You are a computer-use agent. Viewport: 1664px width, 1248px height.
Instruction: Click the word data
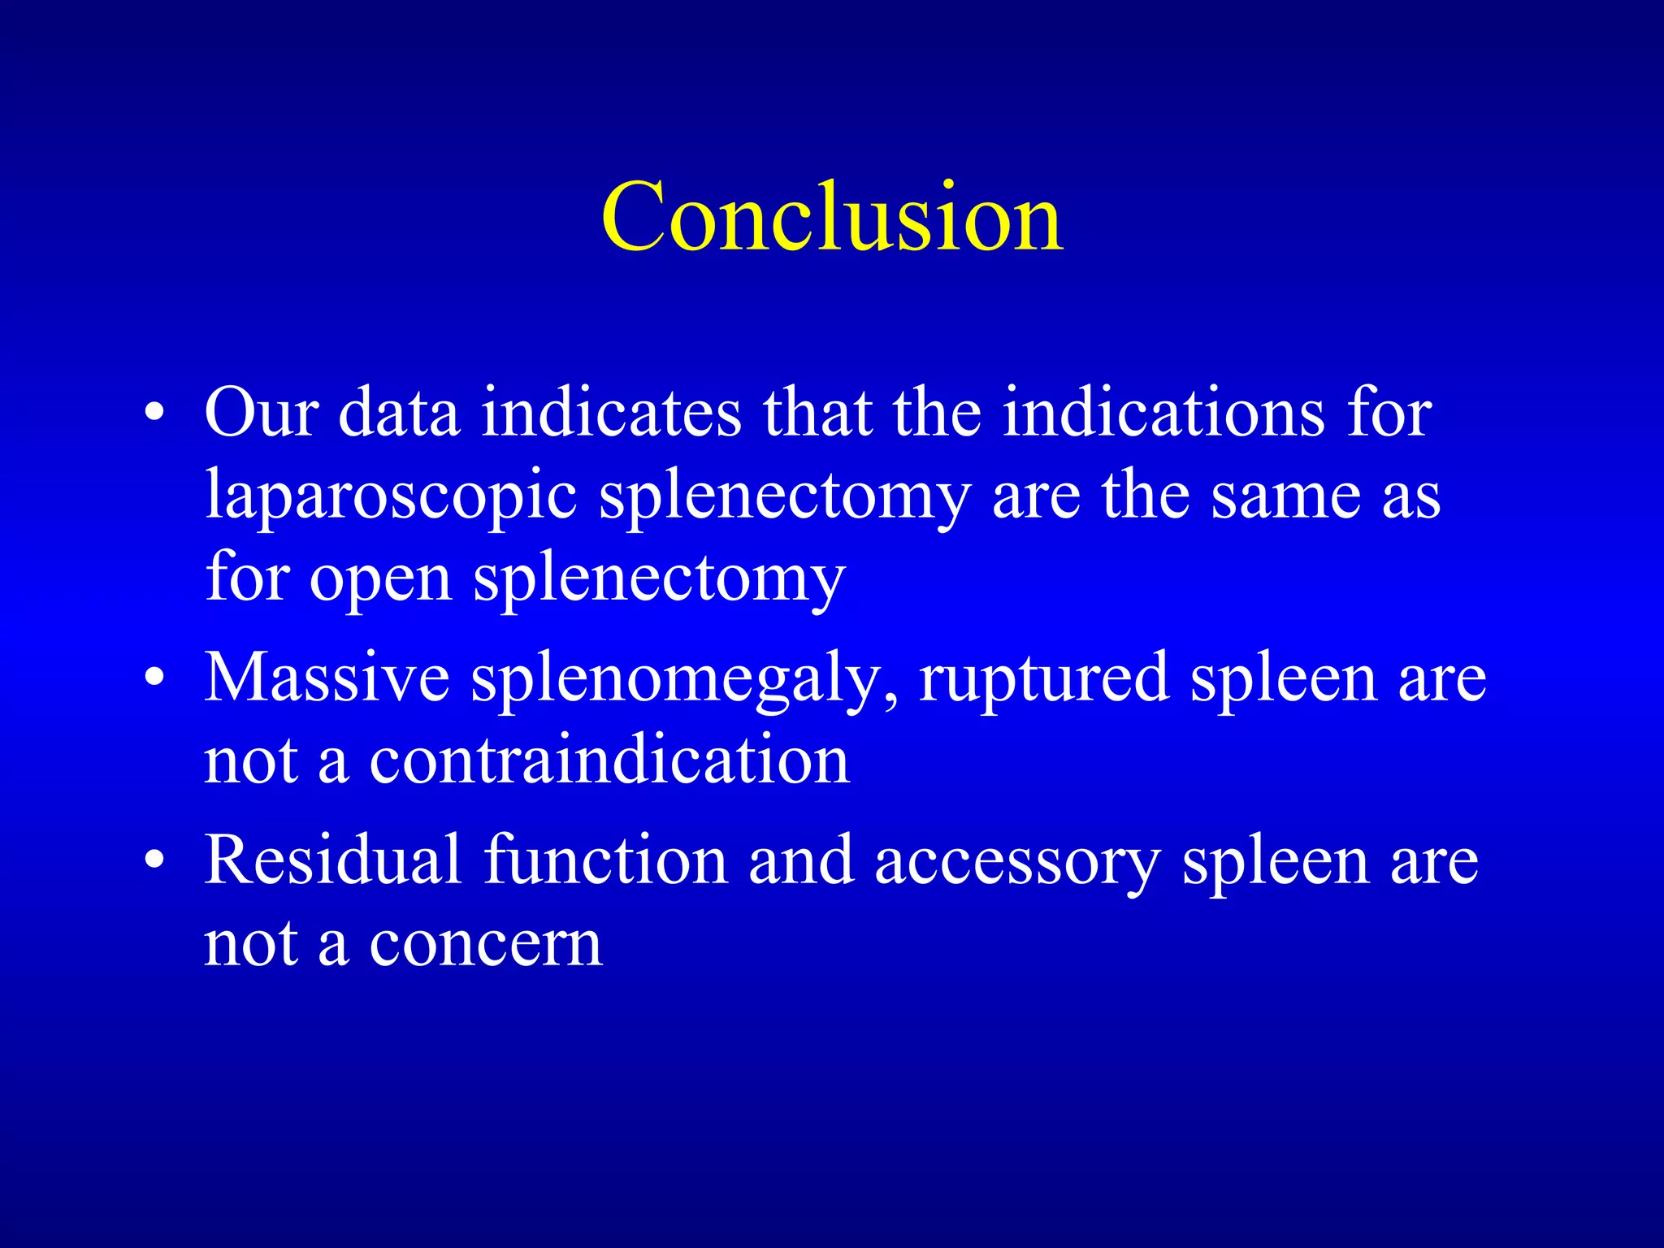tap(399, 414)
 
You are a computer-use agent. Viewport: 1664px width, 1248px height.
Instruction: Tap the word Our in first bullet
tap(260, 414)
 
